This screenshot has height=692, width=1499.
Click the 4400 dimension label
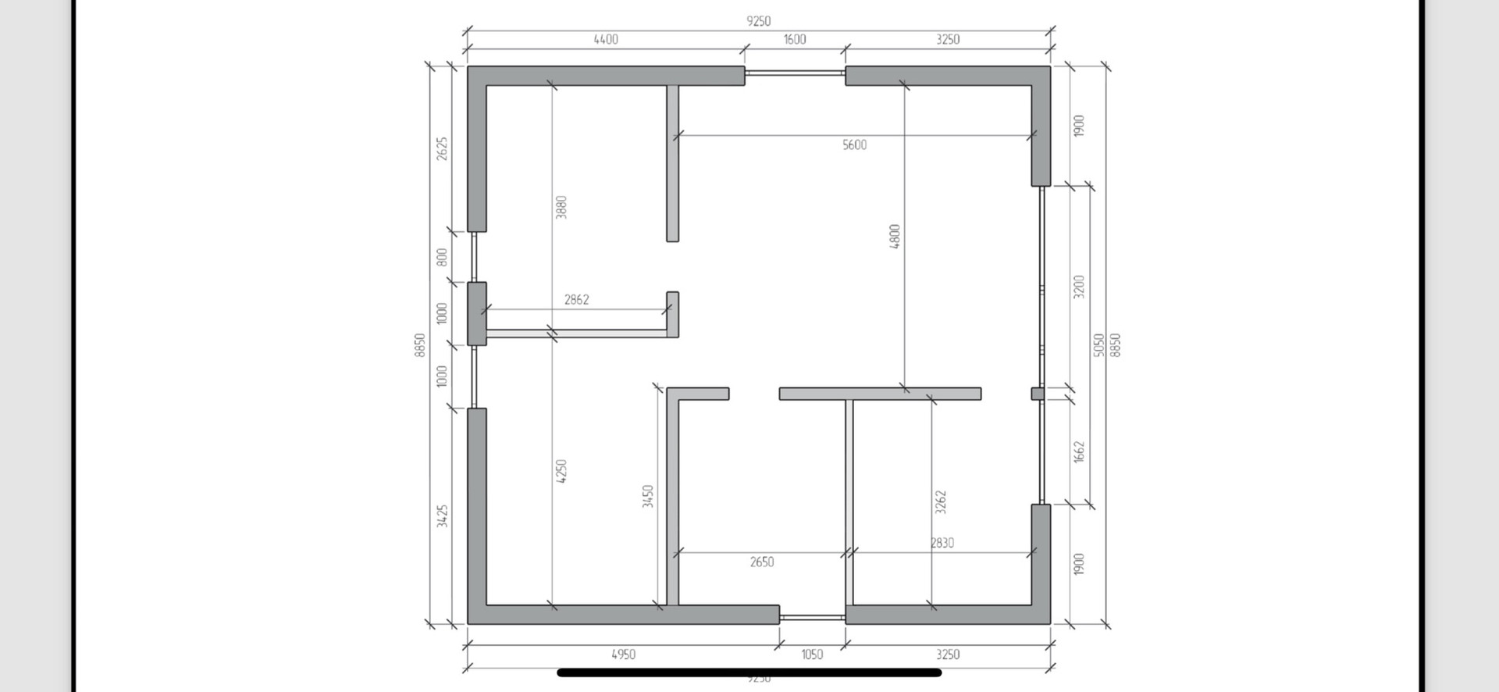pos(606,39)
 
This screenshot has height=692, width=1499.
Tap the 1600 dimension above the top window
pos(795,39)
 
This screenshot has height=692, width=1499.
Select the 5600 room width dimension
pos(854,144)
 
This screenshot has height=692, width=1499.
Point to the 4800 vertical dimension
pos(895,237)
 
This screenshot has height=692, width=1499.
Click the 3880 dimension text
pos(561,207)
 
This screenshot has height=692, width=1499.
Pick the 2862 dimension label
pos(576,299)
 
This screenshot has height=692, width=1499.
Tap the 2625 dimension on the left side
pos(442,149)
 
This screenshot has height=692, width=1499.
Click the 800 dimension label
pos(442,257)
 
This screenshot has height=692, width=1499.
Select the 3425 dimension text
pos(442,515)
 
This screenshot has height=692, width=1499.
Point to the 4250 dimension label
pos(561,471)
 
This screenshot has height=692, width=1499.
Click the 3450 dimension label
pos(647,497)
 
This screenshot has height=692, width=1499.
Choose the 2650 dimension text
pos(762,562)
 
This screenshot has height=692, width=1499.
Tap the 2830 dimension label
pos(942,543)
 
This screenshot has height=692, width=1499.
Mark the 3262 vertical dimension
pos(941,502)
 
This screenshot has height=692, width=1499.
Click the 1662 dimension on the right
pos(1079,451)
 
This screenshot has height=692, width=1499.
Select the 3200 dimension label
pos(1079,287)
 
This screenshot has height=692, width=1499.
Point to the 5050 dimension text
pos(1098,345)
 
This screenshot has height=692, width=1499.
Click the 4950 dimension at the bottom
pos(623,655)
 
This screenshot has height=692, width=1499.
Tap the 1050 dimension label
pos(812,655)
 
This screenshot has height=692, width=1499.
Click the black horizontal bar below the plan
pos(749,672)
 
